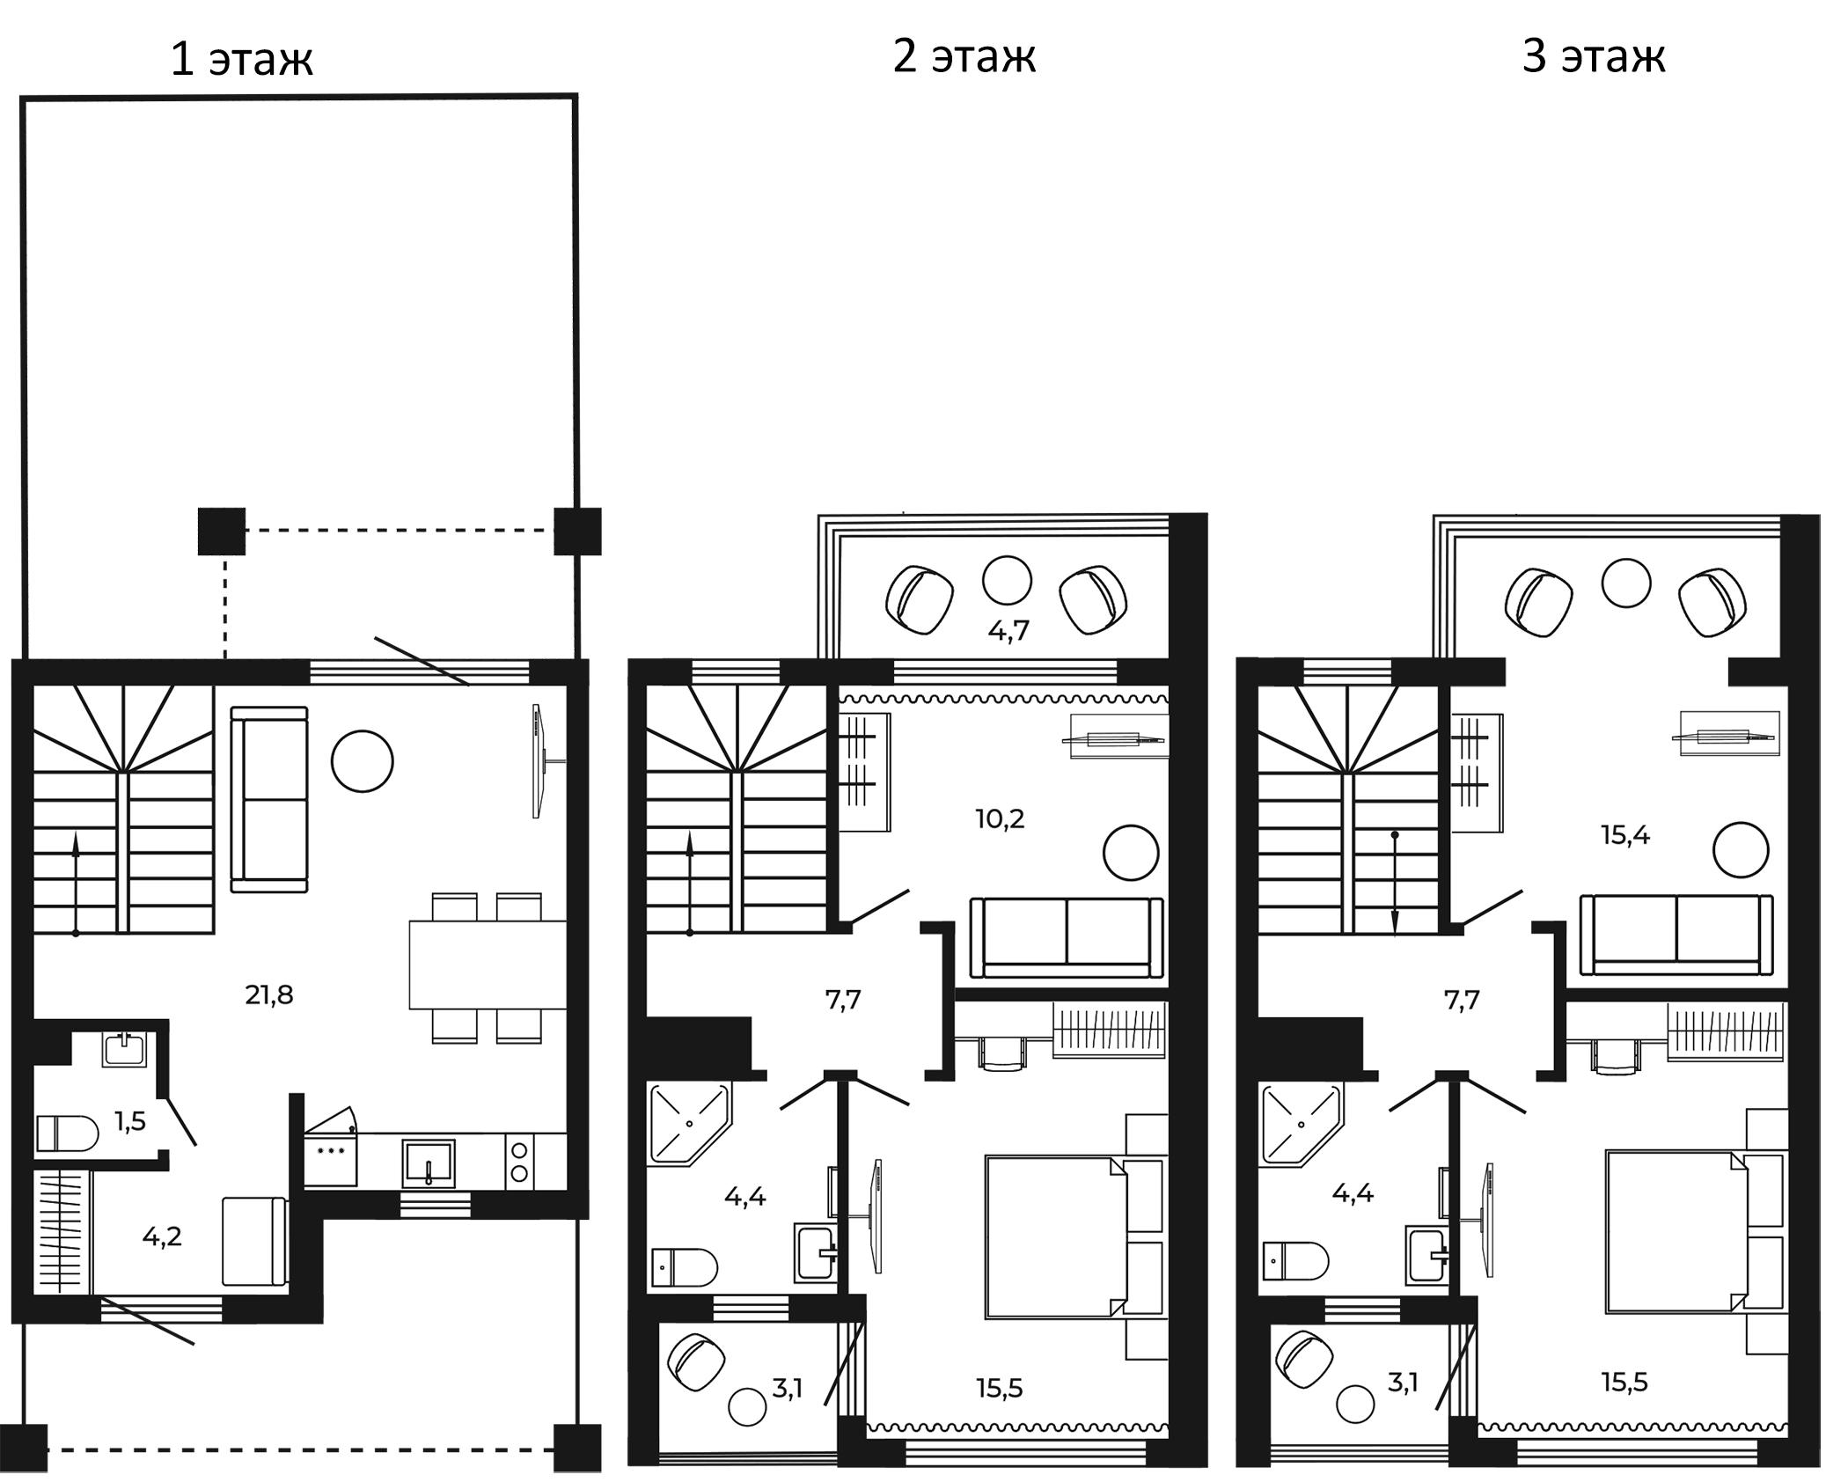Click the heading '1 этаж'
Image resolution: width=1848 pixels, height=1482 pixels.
(x=241, y=60)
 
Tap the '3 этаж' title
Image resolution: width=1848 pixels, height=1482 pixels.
(x=1594, y=56)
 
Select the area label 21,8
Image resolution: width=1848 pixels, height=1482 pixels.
(x=269, y=995)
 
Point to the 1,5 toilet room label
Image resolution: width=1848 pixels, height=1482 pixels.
(x=130, y=1121)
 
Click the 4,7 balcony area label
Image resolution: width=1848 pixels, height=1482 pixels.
(x=1008, y=630)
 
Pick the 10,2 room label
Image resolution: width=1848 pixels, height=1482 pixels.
(x=1000, y=819)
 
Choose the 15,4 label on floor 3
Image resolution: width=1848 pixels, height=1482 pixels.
(x=1625, y=835)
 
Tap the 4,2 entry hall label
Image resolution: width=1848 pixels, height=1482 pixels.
(x=162, y=1236)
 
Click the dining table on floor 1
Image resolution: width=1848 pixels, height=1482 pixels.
(x=488, y=965)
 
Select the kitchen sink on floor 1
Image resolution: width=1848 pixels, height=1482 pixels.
(x=429, y=1164)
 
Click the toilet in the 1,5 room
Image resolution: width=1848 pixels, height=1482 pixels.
(x=67, y=1134)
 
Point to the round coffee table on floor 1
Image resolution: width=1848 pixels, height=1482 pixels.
(x=363, y=761)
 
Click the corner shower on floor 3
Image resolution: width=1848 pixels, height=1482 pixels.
(x=1301, y=1126)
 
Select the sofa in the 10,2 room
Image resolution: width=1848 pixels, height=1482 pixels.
(x=1067, y=937)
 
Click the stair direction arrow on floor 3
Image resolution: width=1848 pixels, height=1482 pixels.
(x=1395, y=883)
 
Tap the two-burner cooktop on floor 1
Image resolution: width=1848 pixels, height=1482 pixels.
(x=519, y=1162)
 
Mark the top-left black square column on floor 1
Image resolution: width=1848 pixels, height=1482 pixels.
(x=222, y=532)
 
